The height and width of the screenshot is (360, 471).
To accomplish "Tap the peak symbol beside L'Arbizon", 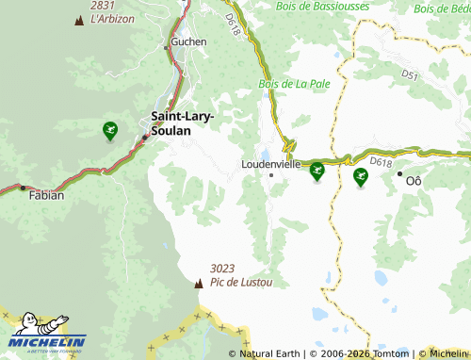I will pyautogui.click(x=77, y=19).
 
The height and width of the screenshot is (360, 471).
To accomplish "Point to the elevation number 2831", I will pyautogui.click(x=103, y=6).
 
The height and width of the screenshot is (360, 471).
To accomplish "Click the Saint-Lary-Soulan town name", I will pyautogui.click(x=183, y=123).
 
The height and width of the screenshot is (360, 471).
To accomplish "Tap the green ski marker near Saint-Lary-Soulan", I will pyautogui.click(x=110, y=130).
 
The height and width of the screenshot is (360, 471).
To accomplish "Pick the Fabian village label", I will pyautogui.click(x=47, y=196).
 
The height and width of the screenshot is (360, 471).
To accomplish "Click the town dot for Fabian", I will pyautogui.click(x=23, y=188).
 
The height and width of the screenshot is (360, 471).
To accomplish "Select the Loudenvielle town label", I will pyautogui.click(x=271, y=163).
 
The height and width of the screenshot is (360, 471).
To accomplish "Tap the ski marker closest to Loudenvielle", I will pyautogui.click(x=317, y=171).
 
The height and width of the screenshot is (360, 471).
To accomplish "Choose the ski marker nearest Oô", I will pyautogui.click(x=360, y=175).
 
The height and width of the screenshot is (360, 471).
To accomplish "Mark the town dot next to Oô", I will pyautogui.click(x=399, y=173).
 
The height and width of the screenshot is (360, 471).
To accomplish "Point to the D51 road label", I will pyautogui.click(x=410, y=74).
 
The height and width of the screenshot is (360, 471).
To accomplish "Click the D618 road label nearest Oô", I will pyautogui.click(x=381, y=162).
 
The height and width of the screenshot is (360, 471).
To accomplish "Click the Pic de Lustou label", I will pyautogui.click(x=241, y=282).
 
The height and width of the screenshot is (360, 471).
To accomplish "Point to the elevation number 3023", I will pyautogui.click(x=223, y=269).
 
